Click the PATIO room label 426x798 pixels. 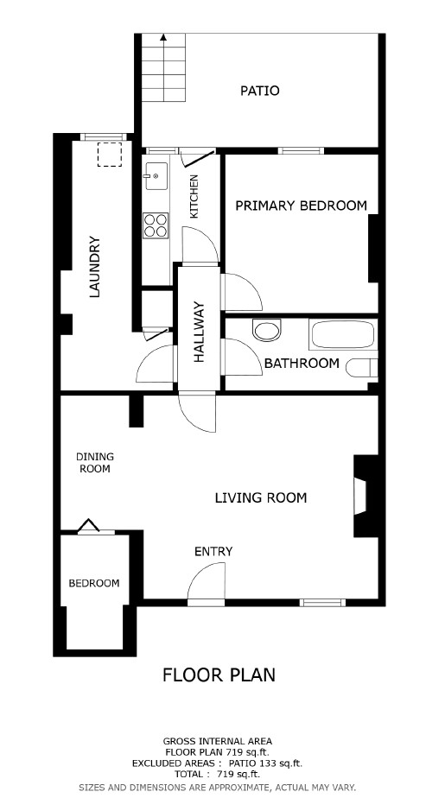[259, 91]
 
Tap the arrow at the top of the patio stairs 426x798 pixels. [162, 37]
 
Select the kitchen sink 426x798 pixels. [156, 176]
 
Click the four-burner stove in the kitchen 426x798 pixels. [156, 225]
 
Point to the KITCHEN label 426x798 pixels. [194, 196]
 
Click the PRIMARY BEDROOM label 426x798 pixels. [301, 206]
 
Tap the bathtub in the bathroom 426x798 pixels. [343, 334]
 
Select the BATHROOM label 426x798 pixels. [302, 364]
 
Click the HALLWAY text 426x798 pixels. [199, 332]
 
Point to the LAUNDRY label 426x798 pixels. [95, 266]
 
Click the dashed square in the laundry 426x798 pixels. [110, 155]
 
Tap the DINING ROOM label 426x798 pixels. [95, 463]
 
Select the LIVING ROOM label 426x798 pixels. [261, 497]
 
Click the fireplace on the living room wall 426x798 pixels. [366, 496]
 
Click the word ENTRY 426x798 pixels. [213, 551]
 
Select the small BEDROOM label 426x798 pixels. [94, 583]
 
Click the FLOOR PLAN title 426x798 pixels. [219, 674]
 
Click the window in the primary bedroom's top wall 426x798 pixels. [301, 150]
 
